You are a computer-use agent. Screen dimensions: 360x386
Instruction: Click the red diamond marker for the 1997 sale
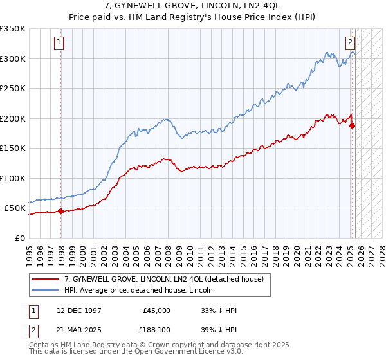[x=60, y=211]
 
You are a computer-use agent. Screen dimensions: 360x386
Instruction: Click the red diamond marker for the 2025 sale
[x=352, y=125]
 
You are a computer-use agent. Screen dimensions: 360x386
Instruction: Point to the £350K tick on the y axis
[x=13, y=29]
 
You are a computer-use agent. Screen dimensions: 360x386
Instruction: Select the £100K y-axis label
[x=13, y=178]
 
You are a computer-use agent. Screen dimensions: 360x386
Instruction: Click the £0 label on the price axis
[x=21, y=238]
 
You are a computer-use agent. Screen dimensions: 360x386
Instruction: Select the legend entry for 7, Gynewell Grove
[x=164, y=279]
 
